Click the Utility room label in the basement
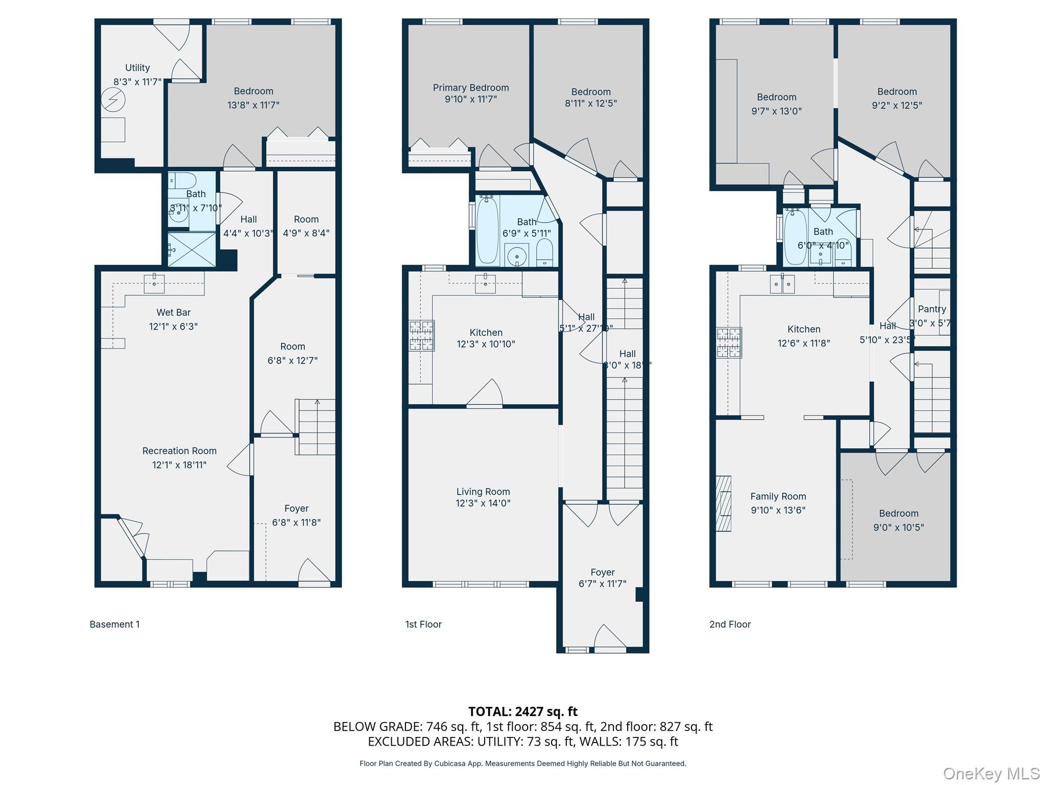pos(137,68)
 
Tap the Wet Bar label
pos(174,312)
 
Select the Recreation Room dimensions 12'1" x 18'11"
pos(179,465)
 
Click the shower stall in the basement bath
pos(192,249)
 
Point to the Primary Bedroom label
pos(470,88)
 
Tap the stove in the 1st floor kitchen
pos(421,336)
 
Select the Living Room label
pos(483,492)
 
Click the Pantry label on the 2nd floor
pos(932,309)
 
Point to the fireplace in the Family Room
pos(724,503)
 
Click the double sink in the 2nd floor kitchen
pos(782,284)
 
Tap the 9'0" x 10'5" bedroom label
pos(898,527)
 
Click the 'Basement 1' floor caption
pos(114,624)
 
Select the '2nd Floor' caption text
pos(730,624)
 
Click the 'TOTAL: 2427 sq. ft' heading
pos(522,711)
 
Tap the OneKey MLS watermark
pos(991,774)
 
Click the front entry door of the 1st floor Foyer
pos(610,638)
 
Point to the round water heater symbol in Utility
pos(113,100)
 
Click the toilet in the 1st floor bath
pos(545,254)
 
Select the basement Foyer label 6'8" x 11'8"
pos(296,522)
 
